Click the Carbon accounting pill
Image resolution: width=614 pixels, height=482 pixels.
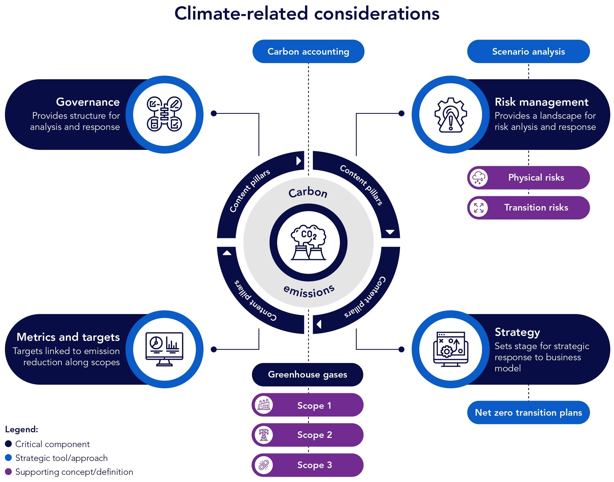pos(308,51)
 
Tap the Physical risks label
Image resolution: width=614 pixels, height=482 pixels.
pos(536,177)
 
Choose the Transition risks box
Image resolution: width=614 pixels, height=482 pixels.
pos(536,207)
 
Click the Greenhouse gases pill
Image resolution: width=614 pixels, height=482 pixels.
pos(307,374)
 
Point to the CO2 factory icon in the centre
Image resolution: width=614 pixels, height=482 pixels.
pos(308,242)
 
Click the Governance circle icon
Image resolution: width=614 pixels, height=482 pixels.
pos(164,114)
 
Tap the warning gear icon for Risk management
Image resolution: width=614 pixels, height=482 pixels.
pos(451,115)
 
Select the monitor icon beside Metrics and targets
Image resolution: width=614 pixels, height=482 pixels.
pos(164,349)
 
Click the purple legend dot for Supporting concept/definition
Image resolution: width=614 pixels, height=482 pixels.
pos(8,472)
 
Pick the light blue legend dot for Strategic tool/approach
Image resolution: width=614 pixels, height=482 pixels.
pos(8,458)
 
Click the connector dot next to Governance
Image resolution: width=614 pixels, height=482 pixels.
pos(214,113)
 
